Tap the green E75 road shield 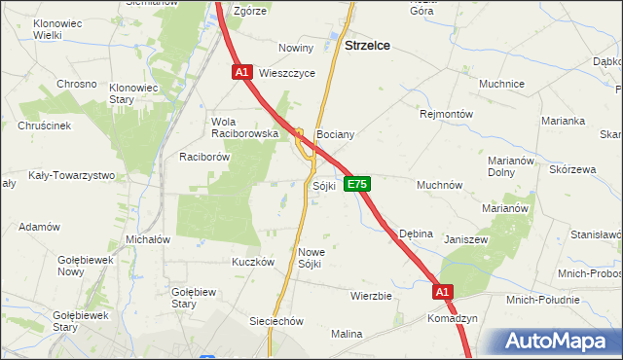pos(355,184)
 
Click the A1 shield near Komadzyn pos(443,291)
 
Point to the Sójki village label pos(324,185)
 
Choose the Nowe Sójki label pos(311,257)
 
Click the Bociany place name pos(335,134)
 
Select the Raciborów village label pos(203,156)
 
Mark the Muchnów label pos(439,185)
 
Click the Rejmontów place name pos(446,114)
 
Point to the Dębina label pos(415,234)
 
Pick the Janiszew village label pos(464,239)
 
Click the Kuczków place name pos(251,262)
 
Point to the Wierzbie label pos(370,296)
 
